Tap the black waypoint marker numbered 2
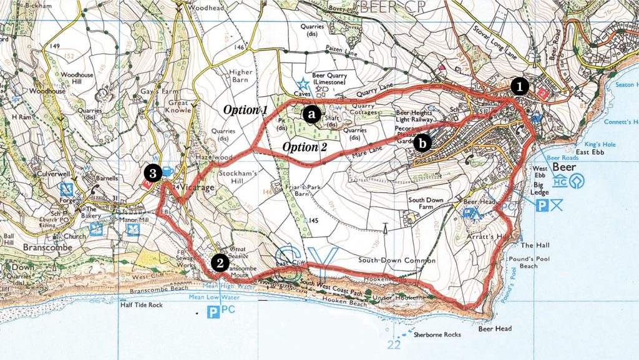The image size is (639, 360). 218,263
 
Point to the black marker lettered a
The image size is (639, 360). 311,114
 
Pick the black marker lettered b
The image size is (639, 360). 423,144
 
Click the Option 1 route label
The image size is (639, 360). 246,110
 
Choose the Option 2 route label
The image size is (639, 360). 305,147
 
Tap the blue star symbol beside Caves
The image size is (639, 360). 303,82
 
